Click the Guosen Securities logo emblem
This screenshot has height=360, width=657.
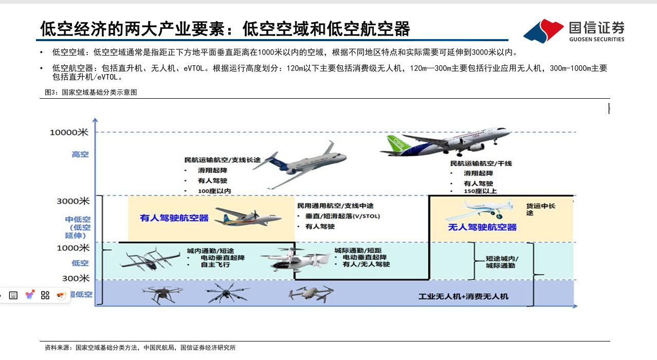click(543, 31)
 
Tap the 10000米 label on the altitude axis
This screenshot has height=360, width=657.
click(69, 132)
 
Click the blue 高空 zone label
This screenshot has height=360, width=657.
click(80, 154)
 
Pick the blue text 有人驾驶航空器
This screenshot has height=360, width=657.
click(174, 218)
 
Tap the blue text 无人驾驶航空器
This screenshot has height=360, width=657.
click(482, 227)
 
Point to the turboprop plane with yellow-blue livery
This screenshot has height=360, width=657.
click(248, 217)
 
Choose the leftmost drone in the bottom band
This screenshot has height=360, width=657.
click(162, 294)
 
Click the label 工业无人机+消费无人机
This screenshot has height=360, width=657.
click(463, 296)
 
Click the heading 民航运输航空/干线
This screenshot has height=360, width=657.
click(481, 164)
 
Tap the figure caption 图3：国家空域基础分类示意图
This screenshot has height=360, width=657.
click(90, 93)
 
